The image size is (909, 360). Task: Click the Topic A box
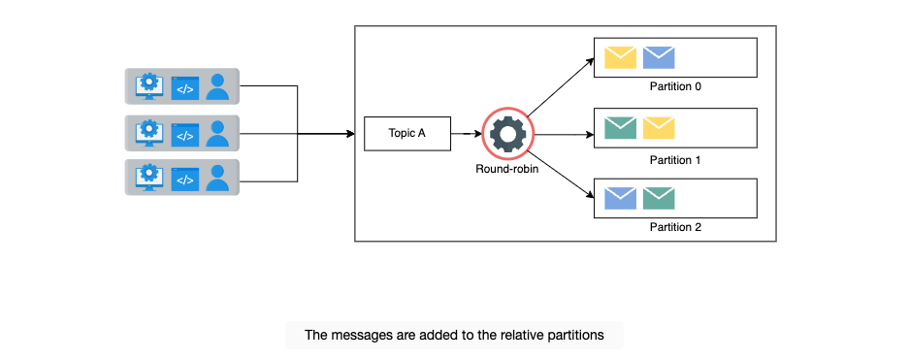point(406,133)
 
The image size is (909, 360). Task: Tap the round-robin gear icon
point(507,133)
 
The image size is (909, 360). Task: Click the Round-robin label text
point(507,169)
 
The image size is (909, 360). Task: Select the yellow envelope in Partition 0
point(620,57)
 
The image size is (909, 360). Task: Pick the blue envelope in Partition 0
point(659,57)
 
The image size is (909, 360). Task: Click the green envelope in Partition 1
point(620,127)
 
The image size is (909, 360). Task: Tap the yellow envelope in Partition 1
point(659,127)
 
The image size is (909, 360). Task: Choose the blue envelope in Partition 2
point(620,198)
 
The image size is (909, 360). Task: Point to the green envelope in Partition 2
point(659,198)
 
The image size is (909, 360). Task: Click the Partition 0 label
point(675,87)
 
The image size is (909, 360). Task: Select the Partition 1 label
point(675,160)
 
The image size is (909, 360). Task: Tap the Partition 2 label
point(675,227)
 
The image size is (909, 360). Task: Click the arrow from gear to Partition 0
point(561,86)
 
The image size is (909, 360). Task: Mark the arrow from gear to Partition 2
point(561,175)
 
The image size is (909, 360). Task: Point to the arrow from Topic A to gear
point(467,134)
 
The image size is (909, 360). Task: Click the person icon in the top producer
point(217,85)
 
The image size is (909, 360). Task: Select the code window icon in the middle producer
point(185,135)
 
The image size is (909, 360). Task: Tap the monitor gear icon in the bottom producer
point(149,178)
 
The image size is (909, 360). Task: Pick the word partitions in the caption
point(575,336)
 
